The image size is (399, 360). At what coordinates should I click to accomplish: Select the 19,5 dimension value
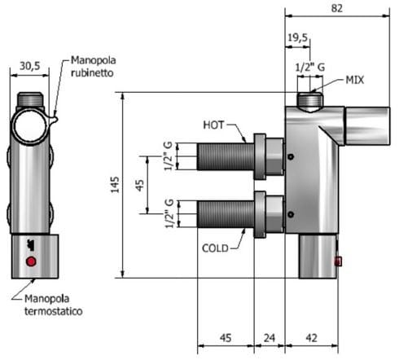click(296, 37)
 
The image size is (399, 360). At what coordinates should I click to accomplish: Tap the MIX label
click(354, 80)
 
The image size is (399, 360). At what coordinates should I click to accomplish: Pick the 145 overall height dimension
click(116, 187)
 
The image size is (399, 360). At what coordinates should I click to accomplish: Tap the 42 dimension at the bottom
click(311, 336)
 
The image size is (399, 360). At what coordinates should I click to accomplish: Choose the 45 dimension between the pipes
click(141, 184)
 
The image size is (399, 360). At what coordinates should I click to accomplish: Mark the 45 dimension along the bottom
click(225, 336)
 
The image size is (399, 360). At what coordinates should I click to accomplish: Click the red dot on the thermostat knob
click(32, 261)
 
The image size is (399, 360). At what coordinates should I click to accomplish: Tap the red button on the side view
click(339, 261)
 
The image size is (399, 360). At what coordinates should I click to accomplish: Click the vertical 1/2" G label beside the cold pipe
click(169, 213)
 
